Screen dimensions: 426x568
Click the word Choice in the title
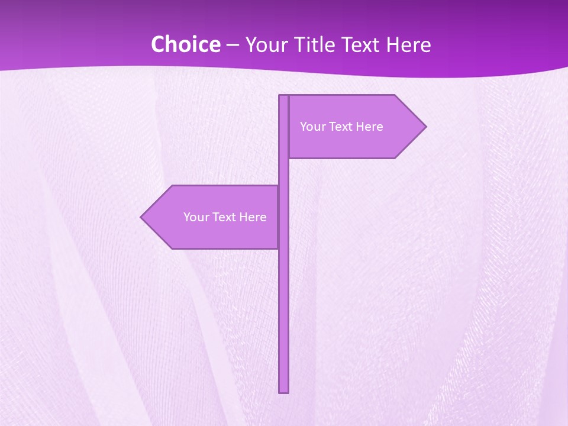(x=185, y=45)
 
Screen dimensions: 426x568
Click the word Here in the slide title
(x=408, y=45)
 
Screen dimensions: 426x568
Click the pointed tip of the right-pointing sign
(x=425, y=126)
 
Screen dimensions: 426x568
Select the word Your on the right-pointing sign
(x=313, y=127)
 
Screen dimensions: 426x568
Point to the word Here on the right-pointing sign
(x=369, y=127)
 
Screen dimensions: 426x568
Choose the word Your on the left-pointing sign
(x=196, y=217)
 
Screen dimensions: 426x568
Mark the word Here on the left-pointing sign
(x=253, y=217)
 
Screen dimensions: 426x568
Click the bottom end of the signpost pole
(x=283, y=391)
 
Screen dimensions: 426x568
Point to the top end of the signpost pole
(x=283, y=96)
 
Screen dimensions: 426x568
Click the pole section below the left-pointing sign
(x=283, y=319)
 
